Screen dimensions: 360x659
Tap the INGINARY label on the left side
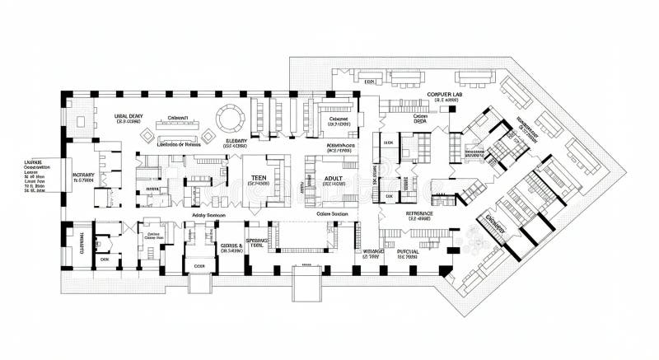83,175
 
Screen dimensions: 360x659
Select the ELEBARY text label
236,141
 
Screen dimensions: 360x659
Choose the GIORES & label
231,245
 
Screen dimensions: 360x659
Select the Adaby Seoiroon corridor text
208,214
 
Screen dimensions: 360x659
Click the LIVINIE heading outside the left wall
33,163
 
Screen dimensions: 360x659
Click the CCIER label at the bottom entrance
199,267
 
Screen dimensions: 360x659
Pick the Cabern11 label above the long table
178,118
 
